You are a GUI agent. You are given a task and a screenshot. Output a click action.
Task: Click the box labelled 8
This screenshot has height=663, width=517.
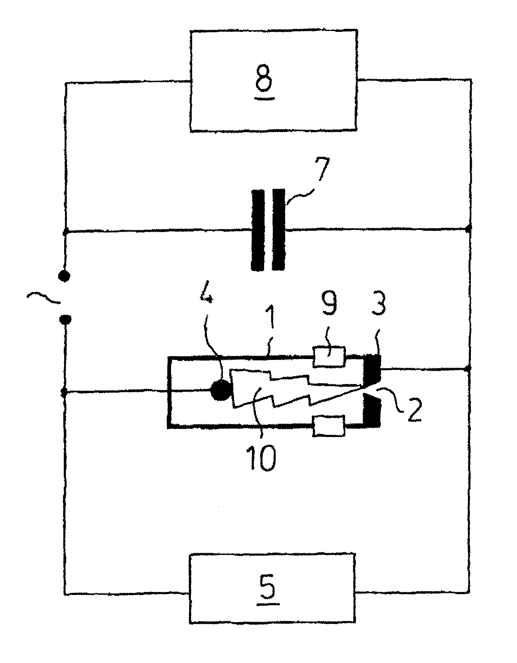click(x=274, y=81)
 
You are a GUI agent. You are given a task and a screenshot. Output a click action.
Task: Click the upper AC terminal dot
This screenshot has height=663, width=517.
click(x=64, y=276)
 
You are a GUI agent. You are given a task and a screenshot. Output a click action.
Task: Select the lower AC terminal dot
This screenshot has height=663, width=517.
click(x=65, y=320)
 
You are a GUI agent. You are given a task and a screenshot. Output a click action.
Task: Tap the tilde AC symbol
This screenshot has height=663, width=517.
click(x=43, y=297)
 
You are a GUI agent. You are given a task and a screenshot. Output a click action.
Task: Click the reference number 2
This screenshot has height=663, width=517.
click(x=414, y=408)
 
